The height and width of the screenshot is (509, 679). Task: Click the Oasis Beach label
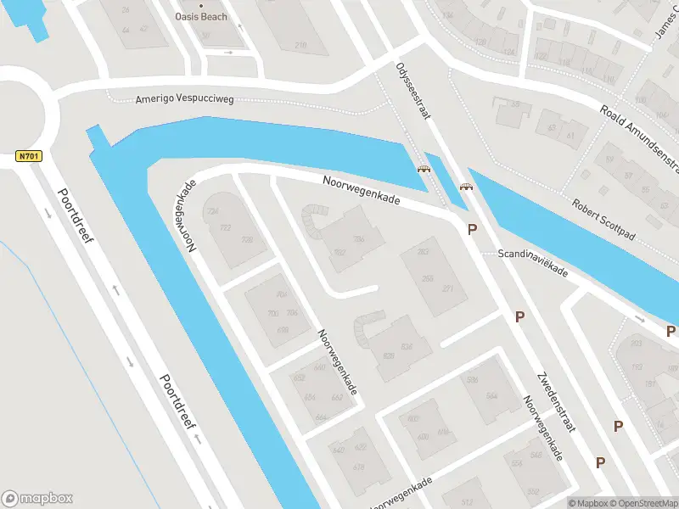(x=201, y=16)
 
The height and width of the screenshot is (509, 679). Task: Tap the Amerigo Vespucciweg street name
(x=184, y=99)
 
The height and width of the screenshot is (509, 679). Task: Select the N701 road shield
(x=29, y=157)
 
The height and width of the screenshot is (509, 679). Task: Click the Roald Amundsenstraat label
(x=641, y=136)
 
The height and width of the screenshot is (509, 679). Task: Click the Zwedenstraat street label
(x=556, y=401)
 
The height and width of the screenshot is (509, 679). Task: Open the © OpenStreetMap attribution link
(x=643, y=503)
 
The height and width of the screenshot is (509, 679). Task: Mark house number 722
(x=225, y=228)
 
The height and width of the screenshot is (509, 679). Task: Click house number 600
(x=413, y=418)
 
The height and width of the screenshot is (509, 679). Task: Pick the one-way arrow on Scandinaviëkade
(x=640, y=320)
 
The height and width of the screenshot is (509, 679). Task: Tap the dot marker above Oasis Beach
(x=202, y=3)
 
